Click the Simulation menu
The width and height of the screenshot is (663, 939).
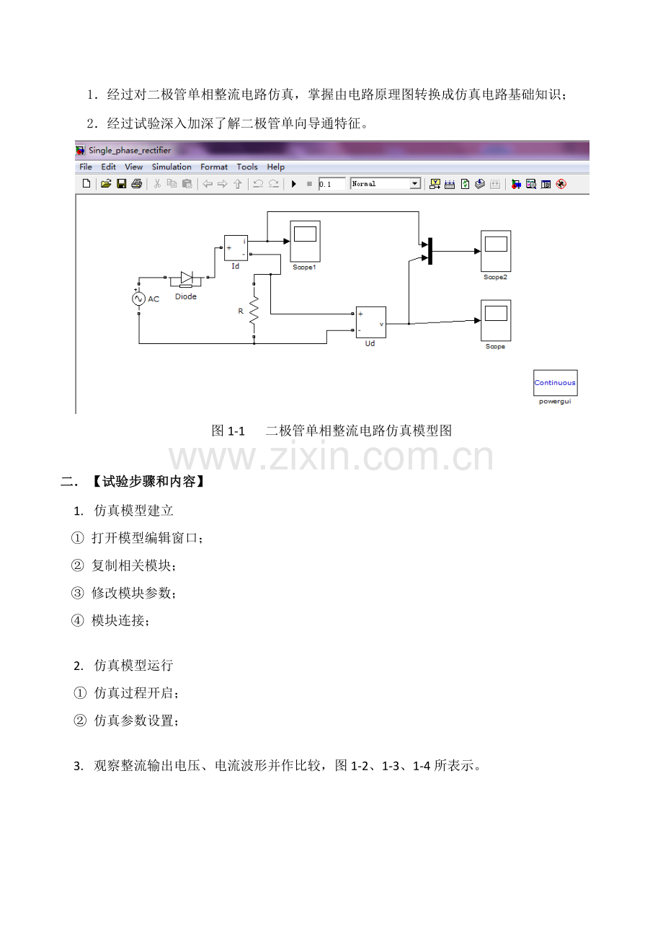click(172, 167)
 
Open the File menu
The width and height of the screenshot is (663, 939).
click(86, 167)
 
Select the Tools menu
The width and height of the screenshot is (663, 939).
click(247, 167)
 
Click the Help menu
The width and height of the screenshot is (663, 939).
click(275, 167)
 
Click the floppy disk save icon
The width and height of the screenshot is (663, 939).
click(122, 184)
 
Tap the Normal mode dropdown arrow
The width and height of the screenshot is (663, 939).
click(414, 184)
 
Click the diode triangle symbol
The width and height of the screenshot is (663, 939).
click(187, 277)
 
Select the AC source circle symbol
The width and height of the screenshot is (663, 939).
click(138, 299)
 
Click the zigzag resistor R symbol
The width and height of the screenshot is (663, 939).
click(254, 310)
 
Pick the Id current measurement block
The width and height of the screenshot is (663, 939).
click(236, 248)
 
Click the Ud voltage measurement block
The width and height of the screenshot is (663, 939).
click(371, 322)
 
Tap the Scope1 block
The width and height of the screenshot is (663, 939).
click(305, 242)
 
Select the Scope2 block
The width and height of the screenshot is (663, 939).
click(496, 251)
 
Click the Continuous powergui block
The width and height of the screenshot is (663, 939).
click(556, 383)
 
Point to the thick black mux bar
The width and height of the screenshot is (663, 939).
click(430, 251)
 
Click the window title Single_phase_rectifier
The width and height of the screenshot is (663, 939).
click(130, 151)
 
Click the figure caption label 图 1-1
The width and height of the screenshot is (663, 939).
click(228, 431)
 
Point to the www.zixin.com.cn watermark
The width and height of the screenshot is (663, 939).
click(331, 456)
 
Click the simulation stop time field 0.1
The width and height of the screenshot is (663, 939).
click(331, 184)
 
